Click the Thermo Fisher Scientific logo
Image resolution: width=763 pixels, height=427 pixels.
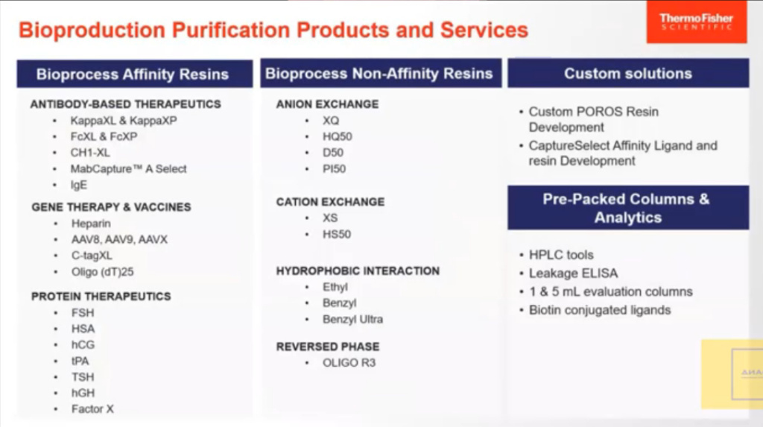695,22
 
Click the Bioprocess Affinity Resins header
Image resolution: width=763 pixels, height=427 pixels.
133,74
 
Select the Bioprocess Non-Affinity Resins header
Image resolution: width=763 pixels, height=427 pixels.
379,74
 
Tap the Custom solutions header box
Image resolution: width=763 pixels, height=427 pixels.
627,74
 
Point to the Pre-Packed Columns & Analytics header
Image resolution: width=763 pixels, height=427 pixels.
627,208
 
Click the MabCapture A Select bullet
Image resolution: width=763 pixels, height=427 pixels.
128,169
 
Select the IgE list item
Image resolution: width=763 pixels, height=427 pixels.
79,186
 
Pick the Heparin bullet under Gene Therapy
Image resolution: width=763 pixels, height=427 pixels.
91,224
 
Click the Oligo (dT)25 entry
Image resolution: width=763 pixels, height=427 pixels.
102,272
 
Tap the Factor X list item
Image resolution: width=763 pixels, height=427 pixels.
92,408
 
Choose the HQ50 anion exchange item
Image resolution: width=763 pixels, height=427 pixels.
337,136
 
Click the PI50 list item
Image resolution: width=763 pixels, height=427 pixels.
334,169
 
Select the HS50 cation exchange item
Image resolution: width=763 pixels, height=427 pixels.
336,234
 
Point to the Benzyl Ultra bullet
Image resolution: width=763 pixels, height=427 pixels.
352,319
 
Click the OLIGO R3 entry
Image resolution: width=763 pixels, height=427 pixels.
349,363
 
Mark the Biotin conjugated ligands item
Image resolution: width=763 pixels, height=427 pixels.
599,309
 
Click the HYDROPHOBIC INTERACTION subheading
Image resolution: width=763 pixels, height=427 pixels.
358,271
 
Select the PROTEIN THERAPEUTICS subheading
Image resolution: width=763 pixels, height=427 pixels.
101,297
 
